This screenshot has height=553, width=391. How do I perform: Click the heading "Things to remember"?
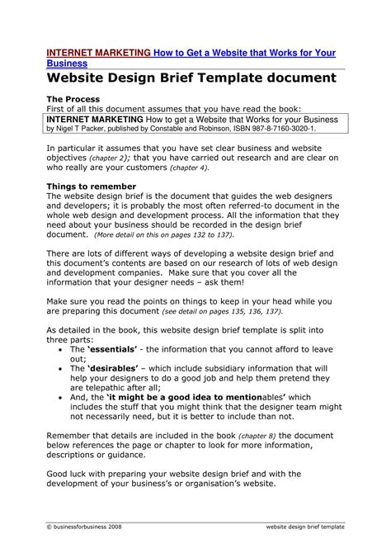(91, 187)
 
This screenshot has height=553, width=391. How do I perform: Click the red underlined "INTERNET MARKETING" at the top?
(98, 52)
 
